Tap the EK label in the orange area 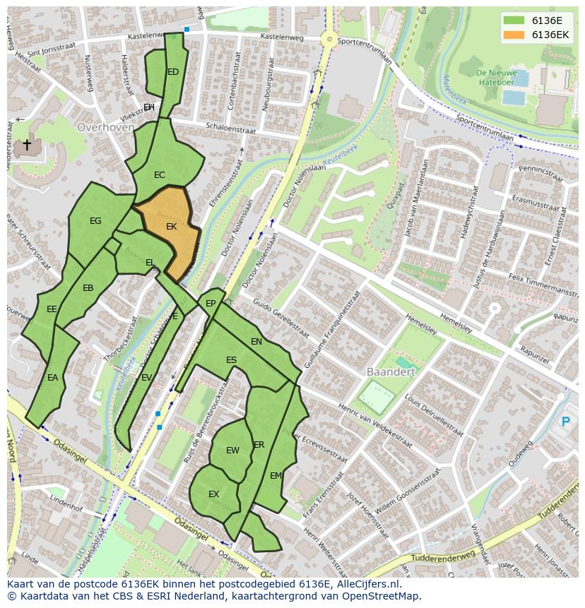(171, 227)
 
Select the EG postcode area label (95, 221)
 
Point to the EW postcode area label (232, 451)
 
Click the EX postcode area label (213, 494)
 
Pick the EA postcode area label (52, 378)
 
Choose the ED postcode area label (173, 72)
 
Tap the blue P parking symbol (565, 422)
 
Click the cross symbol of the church (27, 145)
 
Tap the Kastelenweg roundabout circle (329, 40)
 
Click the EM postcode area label (276, 476)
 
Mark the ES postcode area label (231, 360)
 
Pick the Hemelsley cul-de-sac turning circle (495, 309)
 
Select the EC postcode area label (160, 175)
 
